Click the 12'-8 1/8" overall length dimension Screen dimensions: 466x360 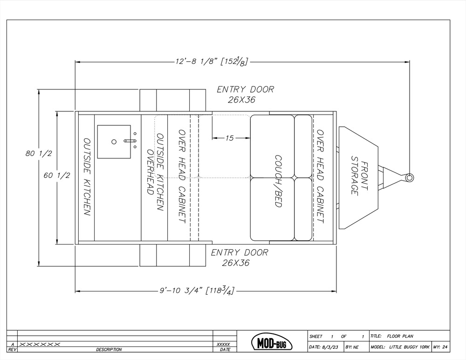(x=212, y=61)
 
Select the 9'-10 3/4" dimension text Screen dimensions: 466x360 (x=197, y=290)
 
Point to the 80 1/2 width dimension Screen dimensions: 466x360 (x=39, y=154)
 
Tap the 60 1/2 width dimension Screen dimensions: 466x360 (x=57, y=176)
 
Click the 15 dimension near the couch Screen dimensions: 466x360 (x=229, y=138)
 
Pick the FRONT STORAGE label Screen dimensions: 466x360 (x=359, y=176)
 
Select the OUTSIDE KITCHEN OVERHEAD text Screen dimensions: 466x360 (x=155, y=172)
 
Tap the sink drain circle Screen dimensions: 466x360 (x=114, y=142)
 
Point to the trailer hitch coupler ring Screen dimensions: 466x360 (x=409, y=177)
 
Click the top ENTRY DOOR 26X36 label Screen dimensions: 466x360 (x=245, y=95)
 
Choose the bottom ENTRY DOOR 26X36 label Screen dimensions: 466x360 (x=240, y=258)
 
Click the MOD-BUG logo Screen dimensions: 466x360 (x=272, y=342)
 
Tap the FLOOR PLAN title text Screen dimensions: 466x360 (x=400, y=336)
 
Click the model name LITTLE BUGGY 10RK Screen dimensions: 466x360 (x=409, y=347)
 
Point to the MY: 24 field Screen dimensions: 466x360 (x=440, y=347)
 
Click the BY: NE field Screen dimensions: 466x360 (x=352, y=347)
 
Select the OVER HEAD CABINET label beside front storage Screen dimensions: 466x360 (x=320, y=176)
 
